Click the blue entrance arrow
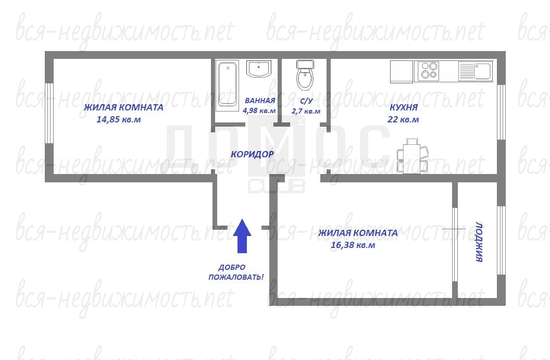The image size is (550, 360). [242, 236]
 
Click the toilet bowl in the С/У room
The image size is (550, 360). [305, 76]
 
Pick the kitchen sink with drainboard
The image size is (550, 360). [476, 71]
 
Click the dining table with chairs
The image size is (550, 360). [413, 155]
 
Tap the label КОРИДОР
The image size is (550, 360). [252, 154]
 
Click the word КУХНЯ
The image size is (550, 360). [404, 107]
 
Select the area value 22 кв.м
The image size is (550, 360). [403, 119]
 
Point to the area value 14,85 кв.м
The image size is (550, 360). [119, 119]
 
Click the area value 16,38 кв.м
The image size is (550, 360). [353, 245]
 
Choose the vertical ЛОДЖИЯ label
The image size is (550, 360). [479, 242]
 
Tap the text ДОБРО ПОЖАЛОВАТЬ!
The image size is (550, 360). [236, 272]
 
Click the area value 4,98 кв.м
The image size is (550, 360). [259, 110]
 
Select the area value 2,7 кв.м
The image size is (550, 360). [306, 111]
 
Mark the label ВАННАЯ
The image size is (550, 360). [260, 101]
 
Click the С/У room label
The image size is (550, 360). [306, 101]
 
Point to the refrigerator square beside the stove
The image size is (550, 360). [402, 72]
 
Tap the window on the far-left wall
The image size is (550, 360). [49, 113]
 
